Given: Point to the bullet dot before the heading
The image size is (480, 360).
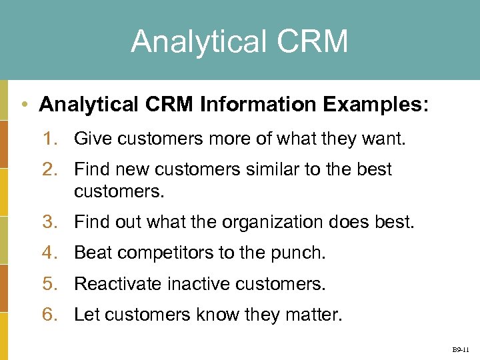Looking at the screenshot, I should [25, 105].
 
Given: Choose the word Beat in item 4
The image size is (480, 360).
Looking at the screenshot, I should [91, 253].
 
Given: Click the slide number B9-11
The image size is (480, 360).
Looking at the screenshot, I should [461, 349].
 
